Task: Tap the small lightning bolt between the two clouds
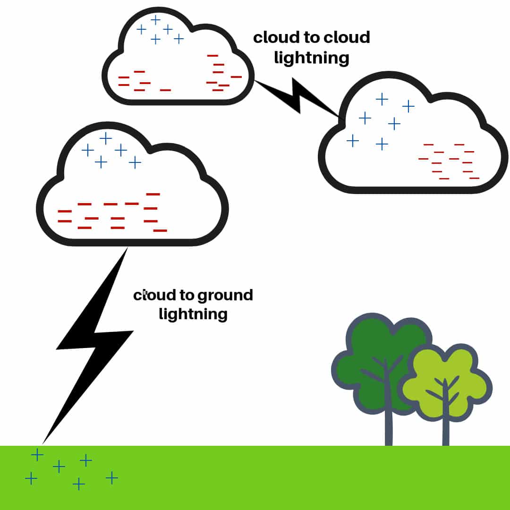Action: click(297, 97)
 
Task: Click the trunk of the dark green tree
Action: click(389, 425)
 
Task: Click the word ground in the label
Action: click(225, 296)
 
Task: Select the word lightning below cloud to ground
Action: click(193, 314)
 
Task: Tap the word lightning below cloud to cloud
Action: click(311, 58)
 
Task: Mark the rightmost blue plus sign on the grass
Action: click(111, 478)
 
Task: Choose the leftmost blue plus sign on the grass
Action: click(31, 479)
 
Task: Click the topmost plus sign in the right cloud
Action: click(382, 99)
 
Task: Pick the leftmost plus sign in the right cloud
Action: click(352, 140)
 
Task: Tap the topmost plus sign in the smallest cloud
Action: click(155, 20)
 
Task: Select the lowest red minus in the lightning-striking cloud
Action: click(160, 230)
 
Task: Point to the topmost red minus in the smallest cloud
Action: click(212, 56)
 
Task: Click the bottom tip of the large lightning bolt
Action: click(43, 442)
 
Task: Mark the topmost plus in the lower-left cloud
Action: click(106, 138)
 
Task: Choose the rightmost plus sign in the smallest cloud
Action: click(178, 39)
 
